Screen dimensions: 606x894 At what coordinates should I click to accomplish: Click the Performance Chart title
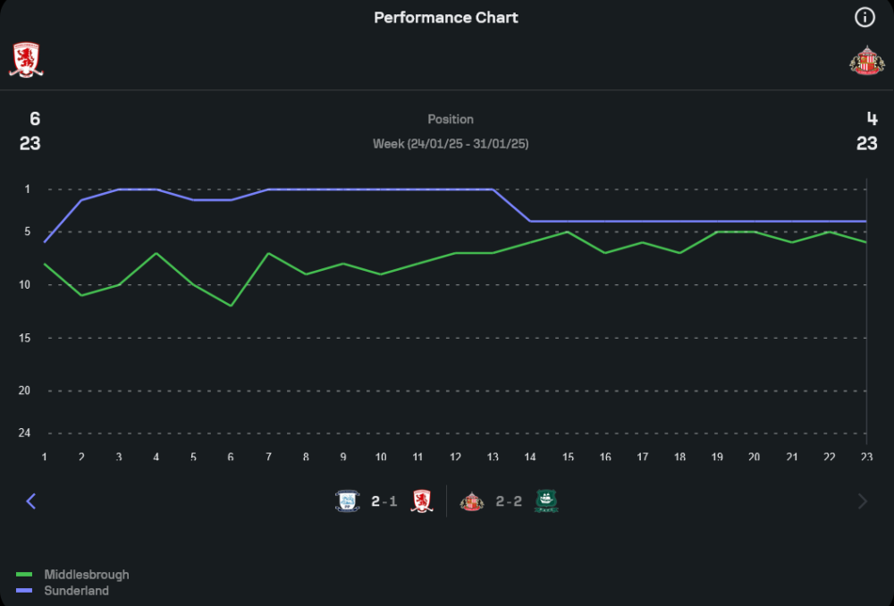pos(446,18)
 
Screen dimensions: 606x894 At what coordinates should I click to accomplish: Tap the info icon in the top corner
pos(864,17)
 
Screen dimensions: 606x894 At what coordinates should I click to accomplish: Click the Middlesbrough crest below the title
pos(26,60)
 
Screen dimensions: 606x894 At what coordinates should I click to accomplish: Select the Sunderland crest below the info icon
pos(866,60)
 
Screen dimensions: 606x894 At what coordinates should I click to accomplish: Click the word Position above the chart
pos(451,119)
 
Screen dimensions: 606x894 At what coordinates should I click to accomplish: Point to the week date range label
pos(451,143)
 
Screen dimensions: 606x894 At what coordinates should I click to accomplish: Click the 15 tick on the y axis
pos(25,338)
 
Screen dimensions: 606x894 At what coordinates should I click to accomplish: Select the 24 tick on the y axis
pos(24,433)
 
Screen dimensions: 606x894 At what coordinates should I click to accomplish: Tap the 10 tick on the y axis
pos(25,285)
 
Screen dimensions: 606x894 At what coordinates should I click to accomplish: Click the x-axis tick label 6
pos(231,458)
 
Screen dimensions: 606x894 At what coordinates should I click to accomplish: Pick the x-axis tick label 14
pos(530,458)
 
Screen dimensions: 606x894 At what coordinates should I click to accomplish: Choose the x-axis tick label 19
pos(717,458)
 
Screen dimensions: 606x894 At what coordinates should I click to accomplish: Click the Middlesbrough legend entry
pos(86,575)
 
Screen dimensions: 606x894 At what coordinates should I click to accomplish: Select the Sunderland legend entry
pos(76,591)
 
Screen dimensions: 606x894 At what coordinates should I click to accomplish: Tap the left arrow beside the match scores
pos(31,501)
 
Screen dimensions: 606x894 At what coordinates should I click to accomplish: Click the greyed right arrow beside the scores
pos(863,501)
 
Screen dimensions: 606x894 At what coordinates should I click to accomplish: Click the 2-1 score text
pos(384,501)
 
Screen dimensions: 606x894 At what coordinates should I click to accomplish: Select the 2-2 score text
pos(509,501)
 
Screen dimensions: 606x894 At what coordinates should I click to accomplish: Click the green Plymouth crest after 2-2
pos(546,501)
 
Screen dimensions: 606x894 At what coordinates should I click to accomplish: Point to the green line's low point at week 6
pos(231,306)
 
